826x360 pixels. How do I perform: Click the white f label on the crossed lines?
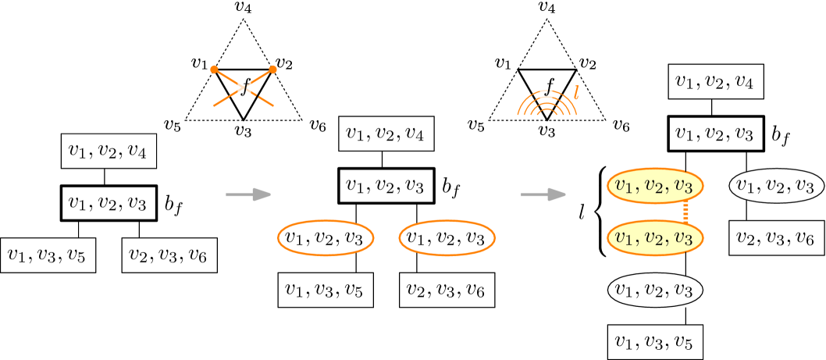(244, 86)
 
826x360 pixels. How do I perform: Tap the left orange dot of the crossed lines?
(214, 70)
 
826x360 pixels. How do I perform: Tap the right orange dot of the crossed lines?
(273, 70)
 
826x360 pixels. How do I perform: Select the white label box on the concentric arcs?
(547, 94)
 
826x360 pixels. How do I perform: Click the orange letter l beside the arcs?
(576, 93)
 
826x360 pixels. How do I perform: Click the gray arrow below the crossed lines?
(248, 194)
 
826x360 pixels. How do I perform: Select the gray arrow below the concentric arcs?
(543, 194)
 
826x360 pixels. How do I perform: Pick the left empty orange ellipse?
(326, 237)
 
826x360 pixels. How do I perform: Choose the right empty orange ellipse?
(447, 237)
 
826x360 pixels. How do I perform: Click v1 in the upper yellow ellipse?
(623, 186)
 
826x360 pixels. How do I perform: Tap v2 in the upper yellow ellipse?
(653, 186)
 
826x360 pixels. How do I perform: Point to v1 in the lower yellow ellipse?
(623, 237)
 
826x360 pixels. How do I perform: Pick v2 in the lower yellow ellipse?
(653, 237)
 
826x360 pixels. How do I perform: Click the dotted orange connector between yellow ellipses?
(686, 212)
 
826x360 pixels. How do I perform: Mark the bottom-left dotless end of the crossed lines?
(215, 105)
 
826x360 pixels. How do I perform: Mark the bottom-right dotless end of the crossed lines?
(272, 105)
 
